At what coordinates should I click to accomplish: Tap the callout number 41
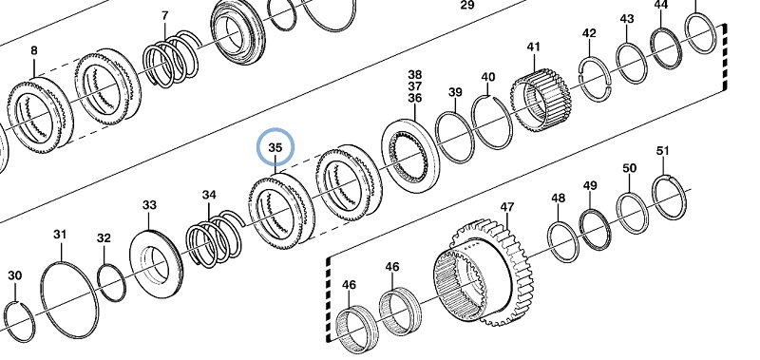click(x=534, y=47)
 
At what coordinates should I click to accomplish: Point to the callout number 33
click(x=149, y=205)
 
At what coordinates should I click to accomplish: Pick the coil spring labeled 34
click(x=213, y=238)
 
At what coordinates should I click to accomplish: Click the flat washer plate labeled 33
click(x=156, y=266)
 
